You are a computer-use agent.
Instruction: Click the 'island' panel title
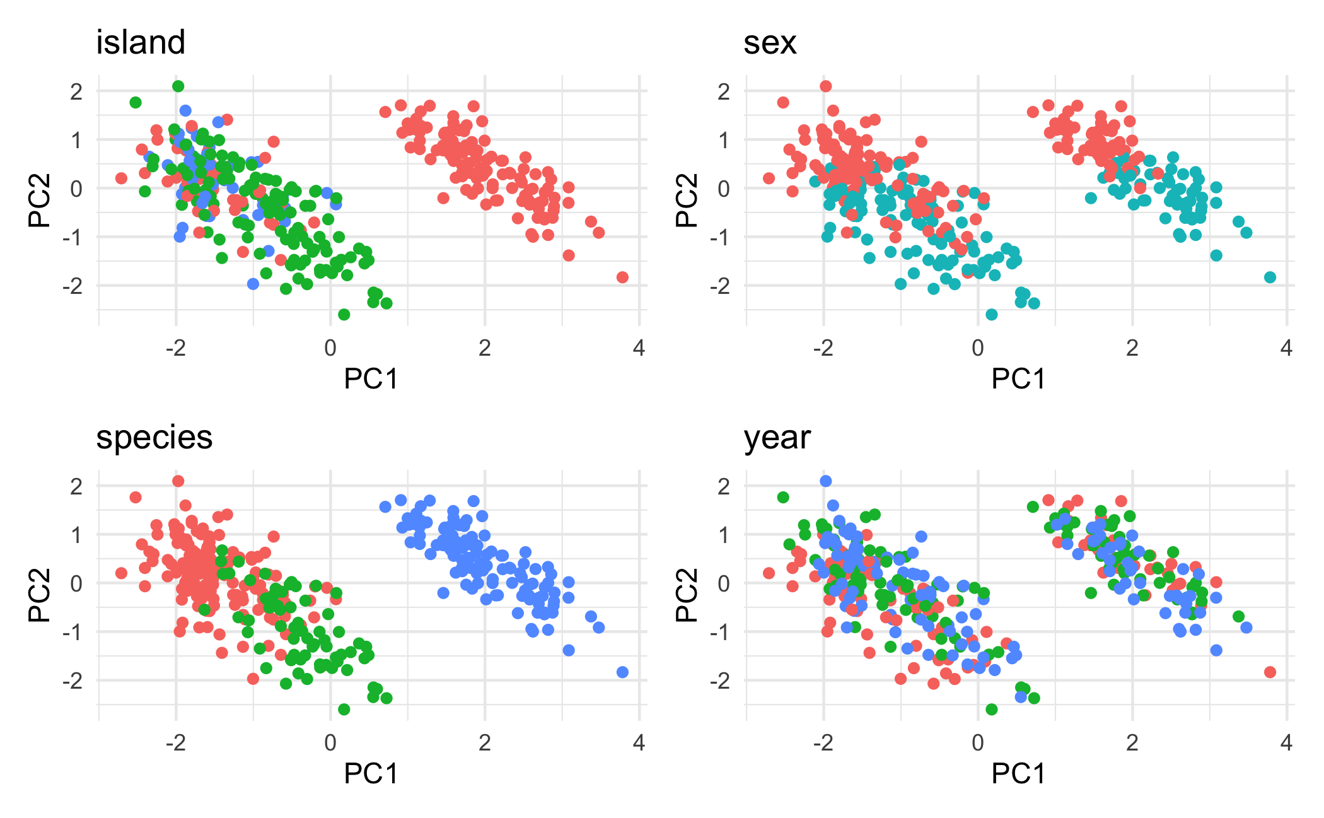pyautogui.click(x=141, y=43)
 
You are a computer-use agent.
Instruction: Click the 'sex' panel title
pyautogui.click(x=770, y=43)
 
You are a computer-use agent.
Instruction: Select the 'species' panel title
pyautogui.click(x=154, y=438)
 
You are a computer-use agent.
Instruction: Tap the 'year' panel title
pyautogui.click(x=777, y=438)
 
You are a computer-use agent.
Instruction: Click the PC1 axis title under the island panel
pyautogui.click(x=371, y=379)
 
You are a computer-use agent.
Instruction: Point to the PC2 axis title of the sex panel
pyautogui.click(x=687, y=200)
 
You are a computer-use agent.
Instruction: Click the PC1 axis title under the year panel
pyautogui.click(x=1019, y=774)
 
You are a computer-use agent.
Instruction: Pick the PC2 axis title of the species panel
pyautogui.click(x=39, y=595)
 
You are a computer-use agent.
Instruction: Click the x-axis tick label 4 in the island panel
pyautogui.click(x=639, y=348)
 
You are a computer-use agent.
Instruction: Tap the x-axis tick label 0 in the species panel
pyautogui.click(x=330, y=743)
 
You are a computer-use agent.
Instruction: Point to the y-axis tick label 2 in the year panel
pyautogui.click(x=724, y=486)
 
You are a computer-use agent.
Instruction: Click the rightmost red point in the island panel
pyautogui.click(x=622, y=278)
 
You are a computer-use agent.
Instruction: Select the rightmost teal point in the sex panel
pyautogui.click(x=1270, y=278)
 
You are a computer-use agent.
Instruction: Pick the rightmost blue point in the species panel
pyautogui.click(x=622, y=672)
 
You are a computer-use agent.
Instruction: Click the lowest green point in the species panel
pyautogui.click(x=344, y=710)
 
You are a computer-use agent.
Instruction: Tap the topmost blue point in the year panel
pyautogui.click(x=826, y=481)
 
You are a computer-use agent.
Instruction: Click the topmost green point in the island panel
pyautogui.click(x=178, y=86)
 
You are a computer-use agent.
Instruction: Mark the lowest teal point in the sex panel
pyautogui.click(x=992, y=315)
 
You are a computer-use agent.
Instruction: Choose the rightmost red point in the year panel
pyautogui.click(x=1270, y=672)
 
